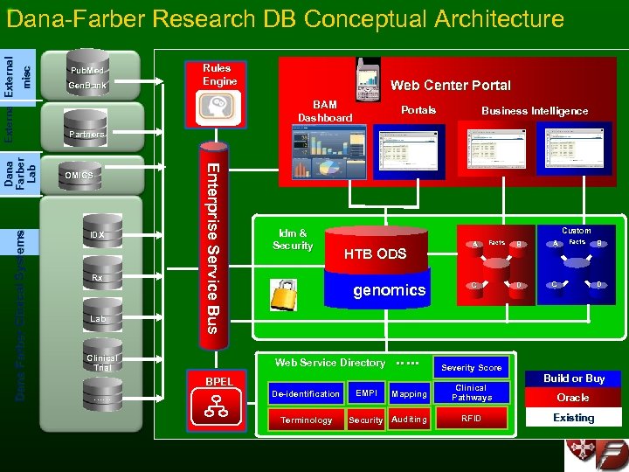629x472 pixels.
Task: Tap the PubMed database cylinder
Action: pyautogui.click(x=86, y=67)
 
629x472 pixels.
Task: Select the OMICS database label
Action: pyautogui.click(x=79, y=175)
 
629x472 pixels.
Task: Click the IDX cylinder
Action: pyautogui.click(x=97, y=234)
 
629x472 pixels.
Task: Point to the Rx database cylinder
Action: pyautogui.click(x=97, y=277)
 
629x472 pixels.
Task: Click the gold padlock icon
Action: pyautogui.click(x=285, y=295)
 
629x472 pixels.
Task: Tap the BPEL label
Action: pyautogui.click(x=218, y=382)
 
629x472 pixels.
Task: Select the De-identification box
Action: pyautogui.click(x=306, y=394)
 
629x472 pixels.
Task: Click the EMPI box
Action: pyautogui.click(x=365, y=394)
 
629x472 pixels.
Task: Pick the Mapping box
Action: pyautogui.click(x=409, y=394)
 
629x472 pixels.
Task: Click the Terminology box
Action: pyautogui.click(x=306, y=420)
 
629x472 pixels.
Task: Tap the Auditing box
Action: pyautogui.click(x=409, y=420)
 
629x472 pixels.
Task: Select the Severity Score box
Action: pyautogui.click(x=472, y=368)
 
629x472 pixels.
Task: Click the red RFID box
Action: pyautogui.click(x=472, y=419)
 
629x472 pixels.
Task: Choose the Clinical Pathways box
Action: pyautogui.click(x=472, y=392)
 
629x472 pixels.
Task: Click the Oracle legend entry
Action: pyautogui.click(x=573, y=398)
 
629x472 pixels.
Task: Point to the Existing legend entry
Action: pyautogui.click(x=573, y=418)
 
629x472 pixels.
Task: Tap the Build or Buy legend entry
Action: pyautogui.click(x=573, y=378)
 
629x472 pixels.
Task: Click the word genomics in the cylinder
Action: pyautogui.click(x=389, y=290)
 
